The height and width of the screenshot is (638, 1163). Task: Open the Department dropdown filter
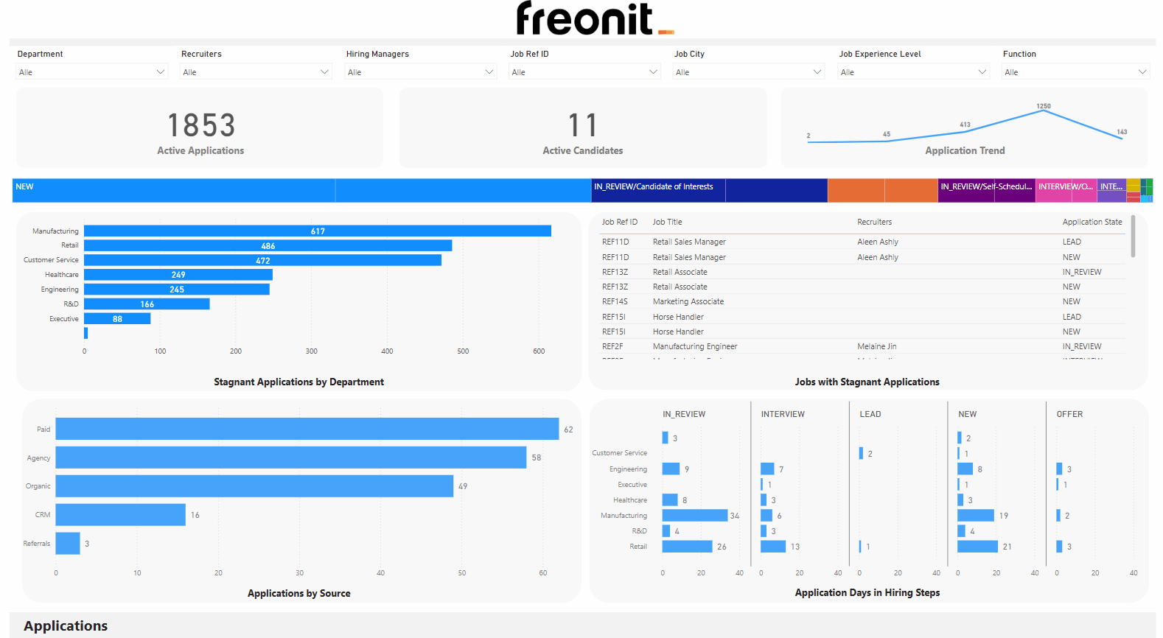[92, 72]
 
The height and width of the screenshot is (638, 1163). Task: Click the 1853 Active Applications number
[201, 125]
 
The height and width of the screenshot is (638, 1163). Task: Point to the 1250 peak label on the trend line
[1044, 106]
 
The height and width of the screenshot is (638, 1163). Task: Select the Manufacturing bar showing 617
[318, 231]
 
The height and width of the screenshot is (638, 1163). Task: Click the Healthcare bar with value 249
[178, 275]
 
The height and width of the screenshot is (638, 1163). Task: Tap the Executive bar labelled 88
[117, 319]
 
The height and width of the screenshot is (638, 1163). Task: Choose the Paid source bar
[307, 429]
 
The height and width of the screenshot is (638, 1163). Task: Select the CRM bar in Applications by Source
[120, 515]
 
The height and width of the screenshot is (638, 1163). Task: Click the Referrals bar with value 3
[68, 544]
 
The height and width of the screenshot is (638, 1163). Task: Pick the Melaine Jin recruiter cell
[877, 346]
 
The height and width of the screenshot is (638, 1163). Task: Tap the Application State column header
[1092, 222]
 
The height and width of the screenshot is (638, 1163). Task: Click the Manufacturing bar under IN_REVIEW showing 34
[695, 516]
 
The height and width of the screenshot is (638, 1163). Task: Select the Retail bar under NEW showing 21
[977, 547]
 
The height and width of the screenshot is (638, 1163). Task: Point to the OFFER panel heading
[1069, 414]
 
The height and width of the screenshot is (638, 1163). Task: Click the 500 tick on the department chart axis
[463, 351]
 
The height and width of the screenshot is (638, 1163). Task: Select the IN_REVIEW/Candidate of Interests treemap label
[654, 187]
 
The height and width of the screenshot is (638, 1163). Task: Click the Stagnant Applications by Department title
[298, 382]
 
